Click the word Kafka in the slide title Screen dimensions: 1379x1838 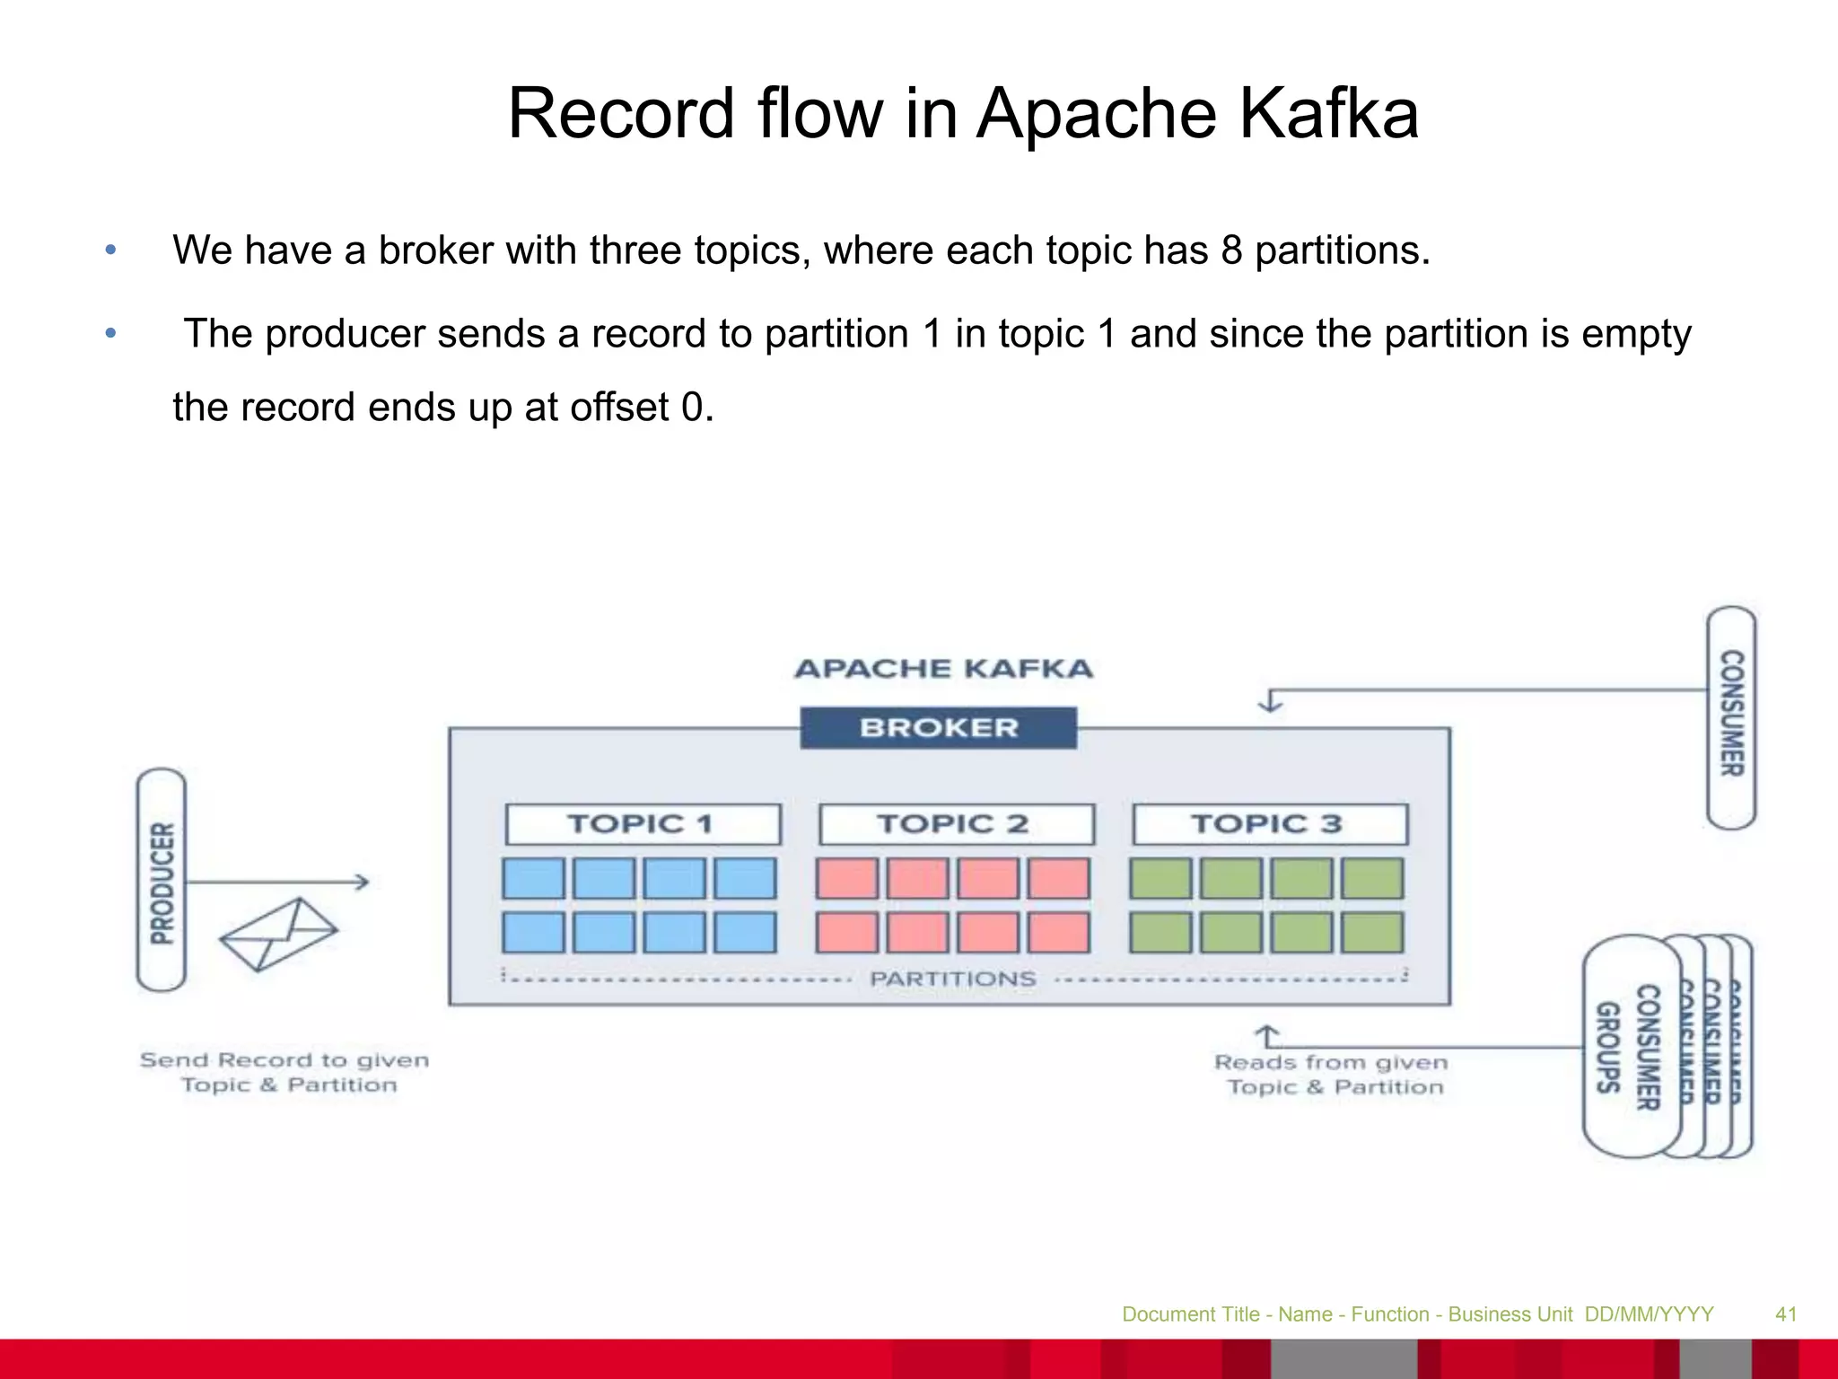[x=1328, y=114]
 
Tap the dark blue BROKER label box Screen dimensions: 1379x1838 [x=939, y=727]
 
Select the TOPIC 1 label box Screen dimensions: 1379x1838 [x=643, y=823]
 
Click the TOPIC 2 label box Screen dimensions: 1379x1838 [x=956, y=823]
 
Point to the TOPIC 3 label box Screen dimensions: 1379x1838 [x=1270, y=823]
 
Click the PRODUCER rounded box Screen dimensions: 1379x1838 [x=162, y=880]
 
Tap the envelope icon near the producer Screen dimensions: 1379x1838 [x=278, y=934]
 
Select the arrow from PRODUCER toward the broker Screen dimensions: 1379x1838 [x=278, y=882]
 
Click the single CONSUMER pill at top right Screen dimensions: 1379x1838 [x=1731, y=716]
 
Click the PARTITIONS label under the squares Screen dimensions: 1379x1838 [x=953, y=979]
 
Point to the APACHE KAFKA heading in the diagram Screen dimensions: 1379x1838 [x=943, y=669]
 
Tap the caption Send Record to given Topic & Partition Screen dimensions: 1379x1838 [x=285, y=1072]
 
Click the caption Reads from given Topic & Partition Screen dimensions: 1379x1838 [x=1332, y=1074]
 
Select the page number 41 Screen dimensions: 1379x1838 [x=1786, y=1314]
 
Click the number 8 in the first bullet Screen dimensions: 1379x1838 [x=1231, y=250]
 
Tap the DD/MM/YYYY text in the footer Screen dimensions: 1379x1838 [x=1649, y=1314]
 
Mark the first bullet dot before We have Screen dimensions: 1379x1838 [x=110, y=250]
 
